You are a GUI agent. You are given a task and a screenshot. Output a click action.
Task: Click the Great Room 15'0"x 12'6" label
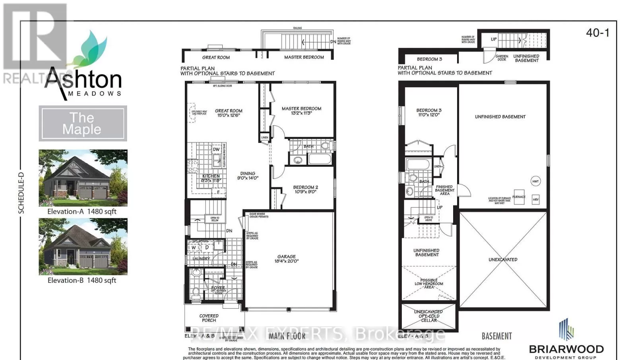tap(229, 113)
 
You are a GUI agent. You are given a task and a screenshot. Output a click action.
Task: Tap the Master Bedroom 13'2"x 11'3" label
tap(301, 111)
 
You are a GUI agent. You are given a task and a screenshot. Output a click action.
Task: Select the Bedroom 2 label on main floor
tap(305, 189)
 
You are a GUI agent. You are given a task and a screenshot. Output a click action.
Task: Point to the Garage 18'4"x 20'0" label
tap(286, 259)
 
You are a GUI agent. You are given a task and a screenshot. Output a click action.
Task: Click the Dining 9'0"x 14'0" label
tap(248, 176)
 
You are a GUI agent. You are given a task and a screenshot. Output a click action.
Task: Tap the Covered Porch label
tap(209, 318)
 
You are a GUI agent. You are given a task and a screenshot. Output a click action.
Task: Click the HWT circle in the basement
tap(535, 181)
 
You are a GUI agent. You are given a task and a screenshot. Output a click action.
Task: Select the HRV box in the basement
tap(535, 200)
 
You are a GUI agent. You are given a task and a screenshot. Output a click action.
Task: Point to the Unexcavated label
tap(503, 260)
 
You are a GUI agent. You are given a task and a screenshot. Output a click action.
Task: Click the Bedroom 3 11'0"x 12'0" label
tap(429, 113)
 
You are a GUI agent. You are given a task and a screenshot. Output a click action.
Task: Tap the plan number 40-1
tap(597, 33)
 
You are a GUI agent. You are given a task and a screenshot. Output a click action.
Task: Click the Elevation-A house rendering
tap(83, 177)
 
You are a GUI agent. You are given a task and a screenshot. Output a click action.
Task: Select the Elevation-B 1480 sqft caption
tap(82, 280)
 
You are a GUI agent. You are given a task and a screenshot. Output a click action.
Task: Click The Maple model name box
tap(83, 123)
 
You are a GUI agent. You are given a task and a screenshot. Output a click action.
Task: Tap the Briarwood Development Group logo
tap(566, 339)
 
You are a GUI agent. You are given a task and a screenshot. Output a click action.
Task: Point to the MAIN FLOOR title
tap(287, 336)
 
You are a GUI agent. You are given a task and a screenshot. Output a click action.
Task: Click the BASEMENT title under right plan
tap(496, 336)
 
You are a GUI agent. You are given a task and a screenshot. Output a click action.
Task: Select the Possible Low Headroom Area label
tap(429, 284)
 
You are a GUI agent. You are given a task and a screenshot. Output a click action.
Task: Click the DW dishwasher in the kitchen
tap(216, 150)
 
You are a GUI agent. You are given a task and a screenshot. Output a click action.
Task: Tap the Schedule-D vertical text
tap(21, 193)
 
